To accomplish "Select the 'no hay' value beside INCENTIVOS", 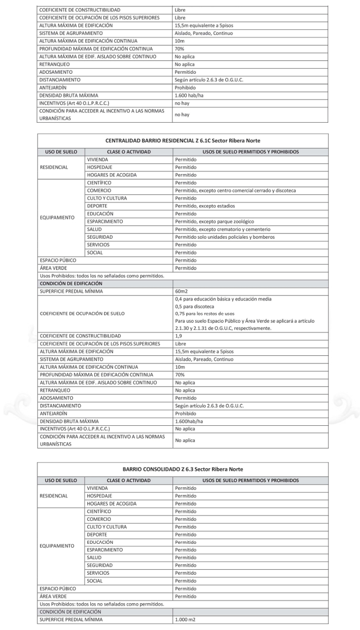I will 182,103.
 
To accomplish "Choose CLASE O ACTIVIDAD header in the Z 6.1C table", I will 128,152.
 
